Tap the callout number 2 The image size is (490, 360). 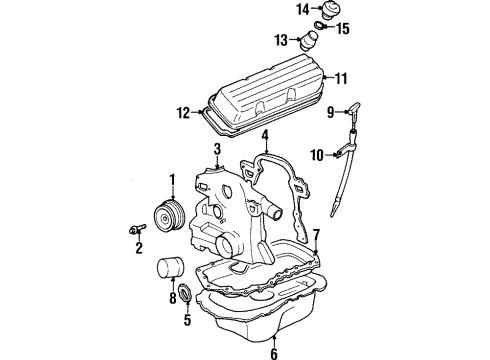(x=139, y=247)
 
